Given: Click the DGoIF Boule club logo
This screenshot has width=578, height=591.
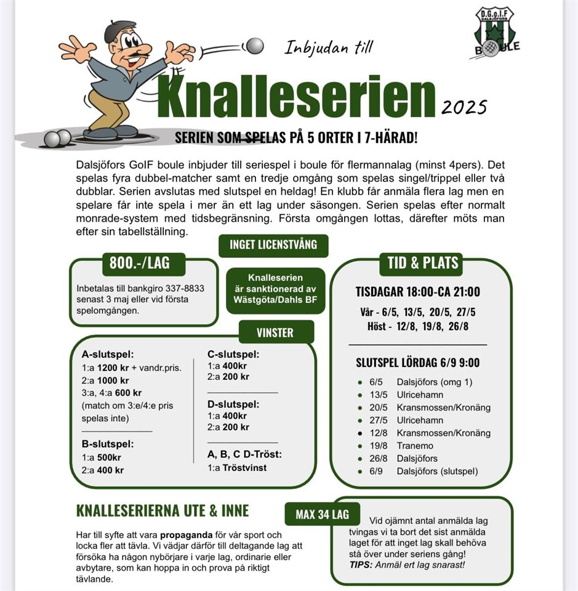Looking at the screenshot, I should coord(496,32).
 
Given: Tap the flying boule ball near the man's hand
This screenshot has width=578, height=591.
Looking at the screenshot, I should coord(253,46).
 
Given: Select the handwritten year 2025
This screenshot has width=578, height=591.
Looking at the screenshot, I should coord(464,107).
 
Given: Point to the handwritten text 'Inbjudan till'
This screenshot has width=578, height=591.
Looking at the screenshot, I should coord(329,47).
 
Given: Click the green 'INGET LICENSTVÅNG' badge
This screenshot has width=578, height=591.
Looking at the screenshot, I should coord(273,245).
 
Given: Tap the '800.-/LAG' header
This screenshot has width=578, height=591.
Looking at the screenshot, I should coord(139,264).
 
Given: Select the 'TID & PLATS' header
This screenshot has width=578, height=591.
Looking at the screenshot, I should coord(422,263).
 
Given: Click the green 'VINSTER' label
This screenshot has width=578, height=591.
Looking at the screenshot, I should coord(275,332).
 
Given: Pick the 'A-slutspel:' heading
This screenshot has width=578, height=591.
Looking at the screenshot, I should coord(108,355).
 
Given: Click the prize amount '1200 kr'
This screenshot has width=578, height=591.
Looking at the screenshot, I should coord(111,368).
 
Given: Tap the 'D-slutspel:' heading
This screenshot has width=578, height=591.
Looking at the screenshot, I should coord(233,404).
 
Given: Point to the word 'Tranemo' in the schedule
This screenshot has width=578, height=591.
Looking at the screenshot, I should coord(415,446).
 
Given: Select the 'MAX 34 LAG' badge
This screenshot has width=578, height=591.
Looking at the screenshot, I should coord(322,514).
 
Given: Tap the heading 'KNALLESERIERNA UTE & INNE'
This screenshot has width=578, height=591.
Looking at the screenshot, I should coord(163,511).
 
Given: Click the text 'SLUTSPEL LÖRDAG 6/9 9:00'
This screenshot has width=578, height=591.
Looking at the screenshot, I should coord(417,363).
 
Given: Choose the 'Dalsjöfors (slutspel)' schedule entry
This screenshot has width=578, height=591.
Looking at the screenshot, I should coord(437,472).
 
